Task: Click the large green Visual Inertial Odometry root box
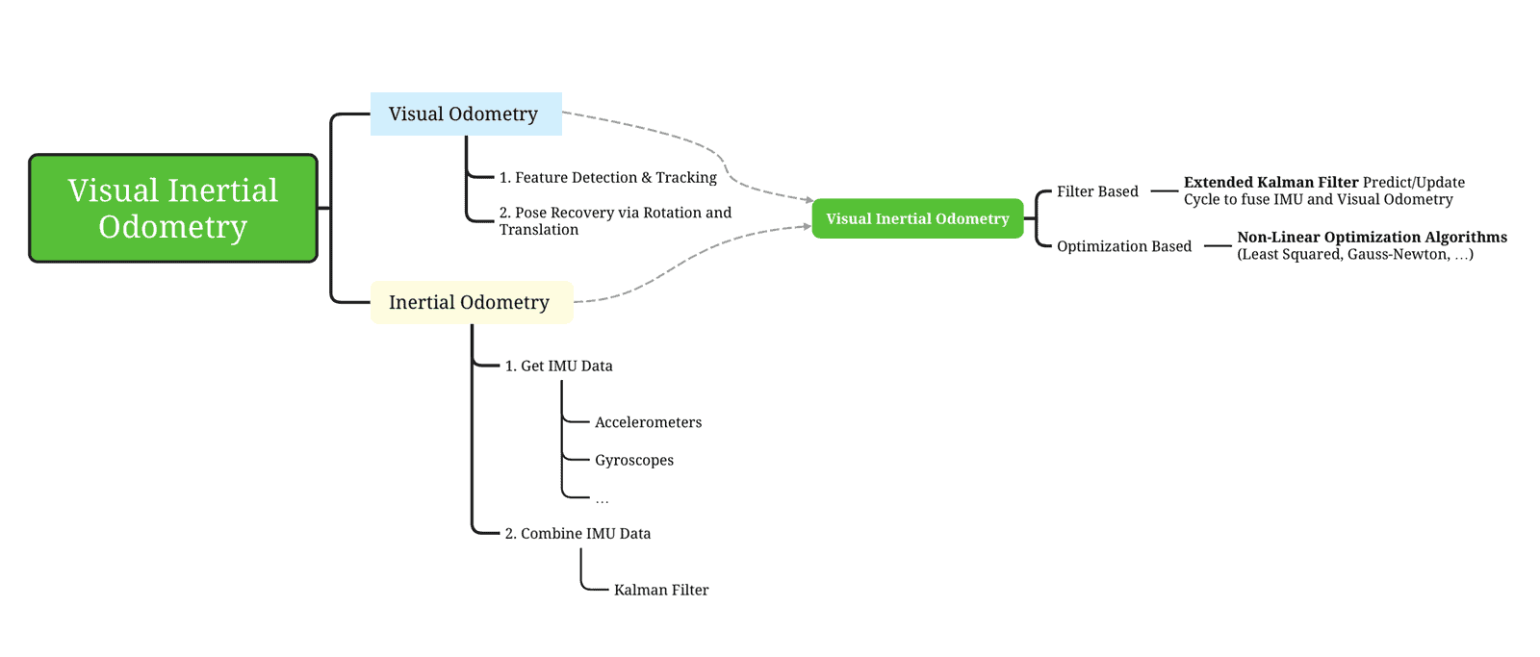click(x=173, y=208)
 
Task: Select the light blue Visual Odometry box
click(x=466, y=114)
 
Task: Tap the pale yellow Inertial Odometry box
click(x=471, y=302)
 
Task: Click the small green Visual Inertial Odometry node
click(x=917, y=218)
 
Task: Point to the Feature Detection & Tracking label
click(x=607, y=178)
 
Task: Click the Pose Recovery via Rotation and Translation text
click(x=614, y=220)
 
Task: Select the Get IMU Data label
click(x=558, y=366)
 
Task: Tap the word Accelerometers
click(x=648, y=422)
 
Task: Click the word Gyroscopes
click(x=633, y=460)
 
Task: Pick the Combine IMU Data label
click(x=577, y=533)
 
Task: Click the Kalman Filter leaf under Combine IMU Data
click(x=660, y=590)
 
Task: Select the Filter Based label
click(x=1097, y=191)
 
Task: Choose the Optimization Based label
click(x=1123, y=246)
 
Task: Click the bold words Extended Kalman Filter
click(x=1270, y=182)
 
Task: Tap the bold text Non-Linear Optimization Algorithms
click(x=1372, y=237)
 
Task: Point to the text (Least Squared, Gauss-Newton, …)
click(x=1354, y=255)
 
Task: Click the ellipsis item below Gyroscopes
click(x=602, y=499)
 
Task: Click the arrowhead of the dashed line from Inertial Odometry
click(x=807, y=227)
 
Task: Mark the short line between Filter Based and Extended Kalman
click(x=1164, y=191)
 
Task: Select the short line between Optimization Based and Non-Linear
click(x=1218, y=246)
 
